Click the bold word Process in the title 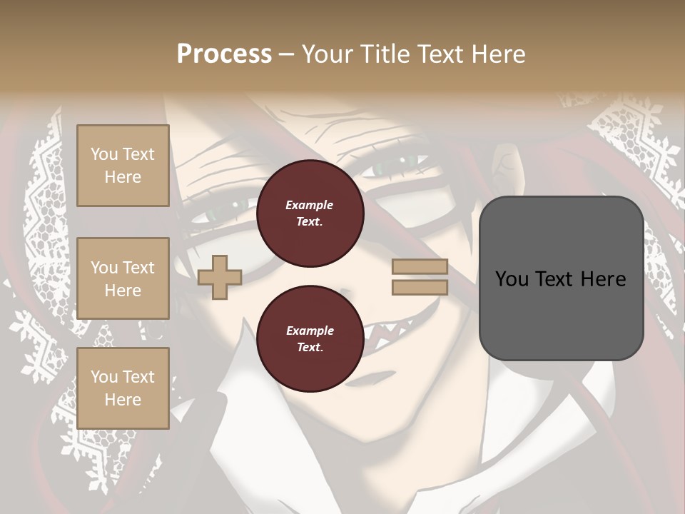[x=224, y=54]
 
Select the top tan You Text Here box [x=123, y=166]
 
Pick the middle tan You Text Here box [x=123, y=278]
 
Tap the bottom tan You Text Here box [x=123, y=388]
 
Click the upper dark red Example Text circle [x=310, y=213]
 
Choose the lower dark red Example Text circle [x=310, y=339]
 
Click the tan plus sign [x=219, y=278]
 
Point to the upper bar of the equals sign [x=420, y=267]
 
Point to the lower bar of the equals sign [x=420, y=287]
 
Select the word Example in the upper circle [x=310, y=205]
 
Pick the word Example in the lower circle [x=310, y=331]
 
